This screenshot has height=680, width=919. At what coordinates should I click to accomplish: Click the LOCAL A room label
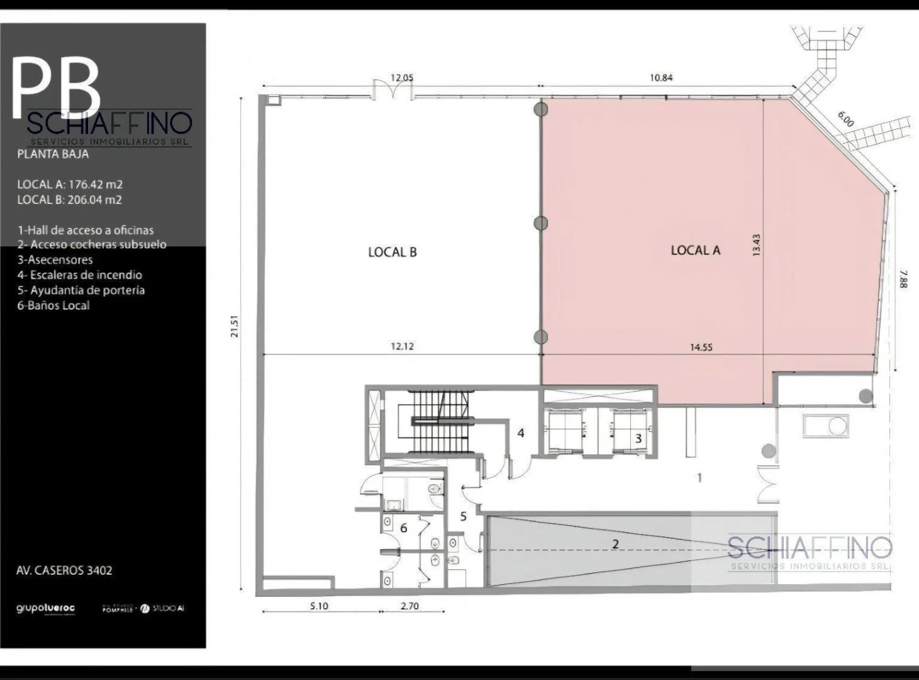(695, 250)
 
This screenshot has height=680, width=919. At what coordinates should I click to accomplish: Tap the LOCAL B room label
(393, 252)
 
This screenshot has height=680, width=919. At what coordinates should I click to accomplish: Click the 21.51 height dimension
(235, 326)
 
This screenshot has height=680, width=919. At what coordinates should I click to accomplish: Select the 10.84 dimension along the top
(661, 78)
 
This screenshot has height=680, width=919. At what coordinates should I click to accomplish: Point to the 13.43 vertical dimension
(756, 245)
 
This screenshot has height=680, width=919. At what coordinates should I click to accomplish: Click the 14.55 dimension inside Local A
(701, 347)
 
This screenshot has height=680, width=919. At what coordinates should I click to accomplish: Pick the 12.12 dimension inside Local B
(402, 346)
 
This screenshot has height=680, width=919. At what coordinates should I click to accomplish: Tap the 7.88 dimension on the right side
(904, 279)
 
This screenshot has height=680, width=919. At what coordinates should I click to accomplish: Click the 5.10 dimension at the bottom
(319, 606)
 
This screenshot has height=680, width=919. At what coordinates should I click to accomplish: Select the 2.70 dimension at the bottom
(409, 606)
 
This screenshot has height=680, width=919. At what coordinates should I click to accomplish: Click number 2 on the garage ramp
(616, 544)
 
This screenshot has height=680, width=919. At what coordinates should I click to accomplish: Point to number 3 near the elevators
(638, 438)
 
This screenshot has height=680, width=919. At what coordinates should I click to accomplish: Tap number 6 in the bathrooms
(403, 528)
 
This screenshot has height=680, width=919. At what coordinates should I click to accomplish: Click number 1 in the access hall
(699, 478)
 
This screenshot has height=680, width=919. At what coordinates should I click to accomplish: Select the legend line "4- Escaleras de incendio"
(80, 275)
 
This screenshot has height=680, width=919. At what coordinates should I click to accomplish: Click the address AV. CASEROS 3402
(64, 570)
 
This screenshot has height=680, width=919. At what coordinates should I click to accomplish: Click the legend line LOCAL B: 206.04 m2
(69, 200)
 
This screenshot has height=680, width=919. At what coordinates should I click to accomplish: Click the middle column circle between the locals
(540, 223)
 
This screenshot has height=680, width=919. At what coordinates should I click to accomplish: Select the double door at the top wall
(393, 91)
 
